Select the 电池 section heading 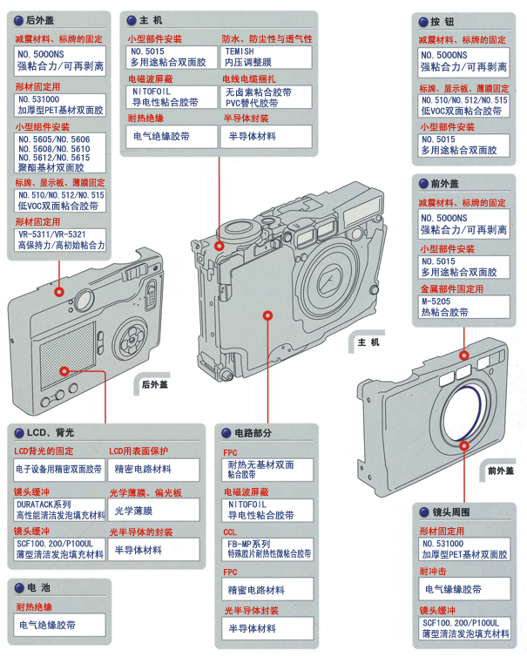pos(39,588)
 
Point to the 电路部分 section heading pos(253,432)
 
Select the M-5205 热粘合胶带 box pos(463,307)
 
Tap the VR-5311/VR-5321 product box pos(59,240)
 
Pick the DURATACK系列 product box pos(59,510)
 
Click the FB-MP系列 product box pos(266,548)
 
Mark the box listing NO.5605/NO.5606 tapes pos(59,154)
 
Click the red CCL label pos(230,532)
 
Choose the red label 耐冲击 pos(434,572)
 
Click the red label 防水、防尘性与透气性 pos(267,39)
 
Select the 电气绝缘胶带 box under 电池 pos(59,625)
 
